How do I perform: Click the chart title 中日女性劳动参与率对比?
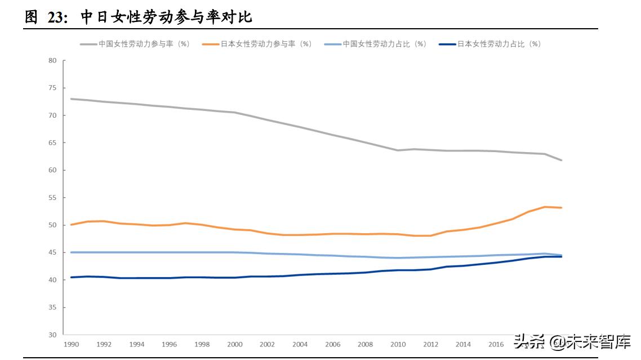[x=166, y=17]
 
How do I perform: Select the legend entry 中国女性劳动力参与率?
[x=143, y=43]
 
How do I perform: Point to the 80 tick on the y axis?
[x=53, y=60]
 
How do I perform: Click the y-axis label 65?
[x=53, y=143]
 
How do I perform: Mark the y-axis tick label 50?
[x=53, y=225]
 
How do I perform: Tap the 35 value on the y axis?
[x=53, y=307]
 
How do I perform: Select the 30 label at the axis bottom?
[x=53, y=335]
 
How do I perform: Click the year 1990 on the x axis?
[x=71, y=344]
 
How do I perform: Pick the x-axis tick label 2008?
[x=365, y=344]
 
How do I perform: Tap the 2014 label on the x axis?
[x=463, y=344]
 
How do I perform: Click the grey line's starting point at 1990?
[x=71, y=99]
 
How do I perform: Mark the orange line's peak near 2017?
[x=545, y=207]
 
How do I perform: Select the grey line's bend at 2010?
[x=398, y=150]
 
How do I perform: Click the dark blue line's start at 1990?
[x=71, y=277]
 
